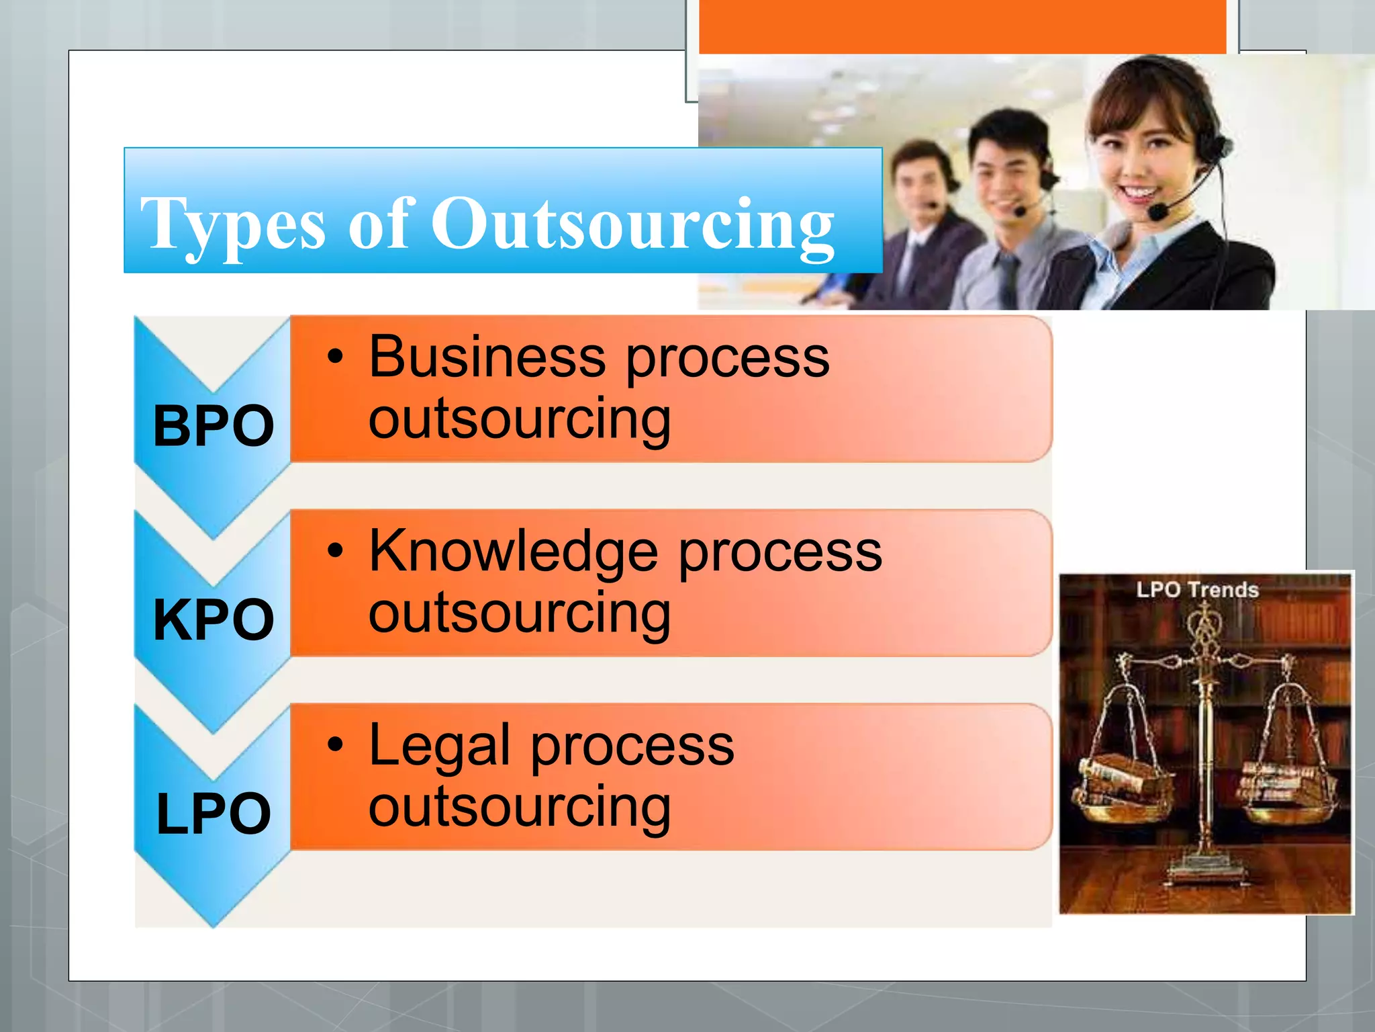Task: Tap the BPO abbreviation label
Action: pyautogui.click(x=214, y=426)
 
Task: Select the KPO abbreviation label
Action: pyautogui.click(x=214, y=619)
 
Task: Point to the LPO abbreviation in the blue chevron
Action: pyautogui.click(x=214, y=813)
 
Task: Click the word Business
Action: pyautogui.click(x=487, y=357)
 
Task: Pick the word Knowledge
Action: pyautogui.click(x=514, y=551)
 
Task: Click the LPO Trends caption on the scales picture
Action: pyautogui.click(x=1197, y=590)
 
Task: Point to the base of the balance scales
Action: pyautogui.click(x=1205, y=873)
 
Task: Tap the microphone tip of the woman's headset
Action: pyautogui.click(x=1157, y=212)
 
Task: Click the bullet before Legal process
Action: pyautogui.click(x=335, y=744)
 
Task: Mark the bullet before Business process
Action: pyautogui.click(x=335, y=357)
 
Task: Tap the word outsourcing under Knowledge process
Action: pyautogui.click(x=519, y=613)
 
